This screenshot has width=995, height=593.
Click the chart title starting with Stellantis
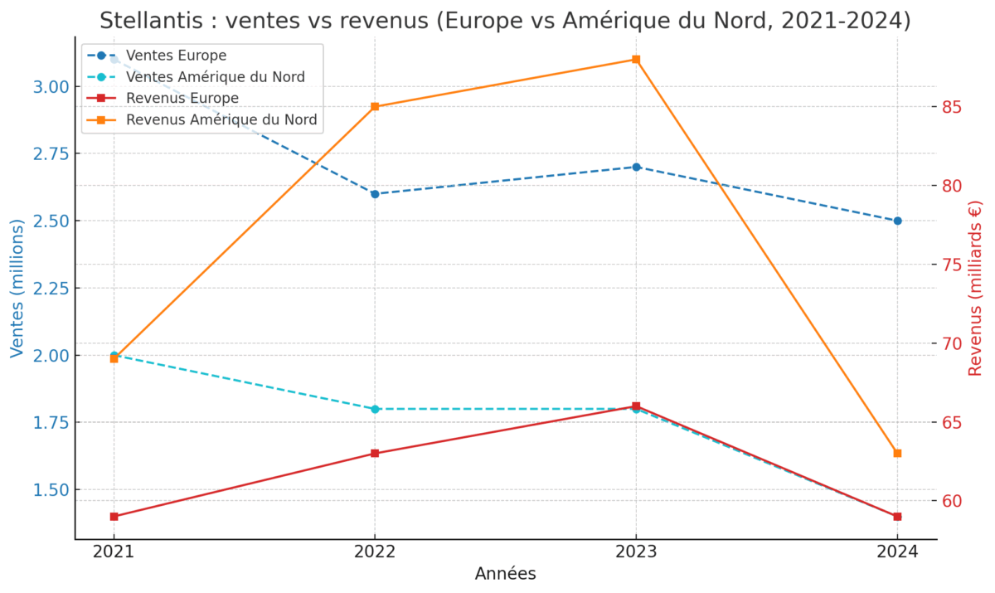point(505,21)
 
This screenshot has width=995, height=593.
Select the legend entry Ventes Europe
point(176,56)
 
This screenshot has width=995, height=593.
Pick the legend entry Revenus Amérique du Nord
point(221,120)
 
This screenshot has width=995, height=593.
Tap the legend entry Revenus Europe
point(182,99)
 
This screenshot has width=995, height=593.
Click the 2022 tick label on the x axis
point(375,552)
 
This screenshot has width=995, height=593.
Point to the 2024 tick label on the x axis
point(897,552)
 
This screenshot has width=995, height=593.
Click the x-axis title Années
point(505,574)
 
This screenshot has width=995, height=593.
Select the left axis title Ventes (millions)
point(17,289)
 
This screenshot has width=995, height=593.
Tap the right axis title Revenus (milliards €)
point(975,289)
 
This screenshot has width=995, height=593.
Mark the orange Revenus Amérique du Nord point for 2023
point(636,60)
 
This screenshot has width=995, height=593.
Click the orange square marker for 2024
point(897,453)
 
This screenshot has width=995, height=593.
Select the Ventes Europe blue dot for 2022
point(375,194)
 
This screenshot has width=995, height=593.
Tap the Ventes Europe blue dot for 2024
point(897,221)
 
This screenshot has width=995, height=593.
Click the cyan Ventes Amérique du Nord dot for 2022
point(375,409)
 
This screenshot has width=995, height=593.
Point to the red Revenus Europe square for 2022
point(375,453)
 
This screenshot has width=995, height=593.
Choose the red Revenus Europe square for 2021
point(114,516)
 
